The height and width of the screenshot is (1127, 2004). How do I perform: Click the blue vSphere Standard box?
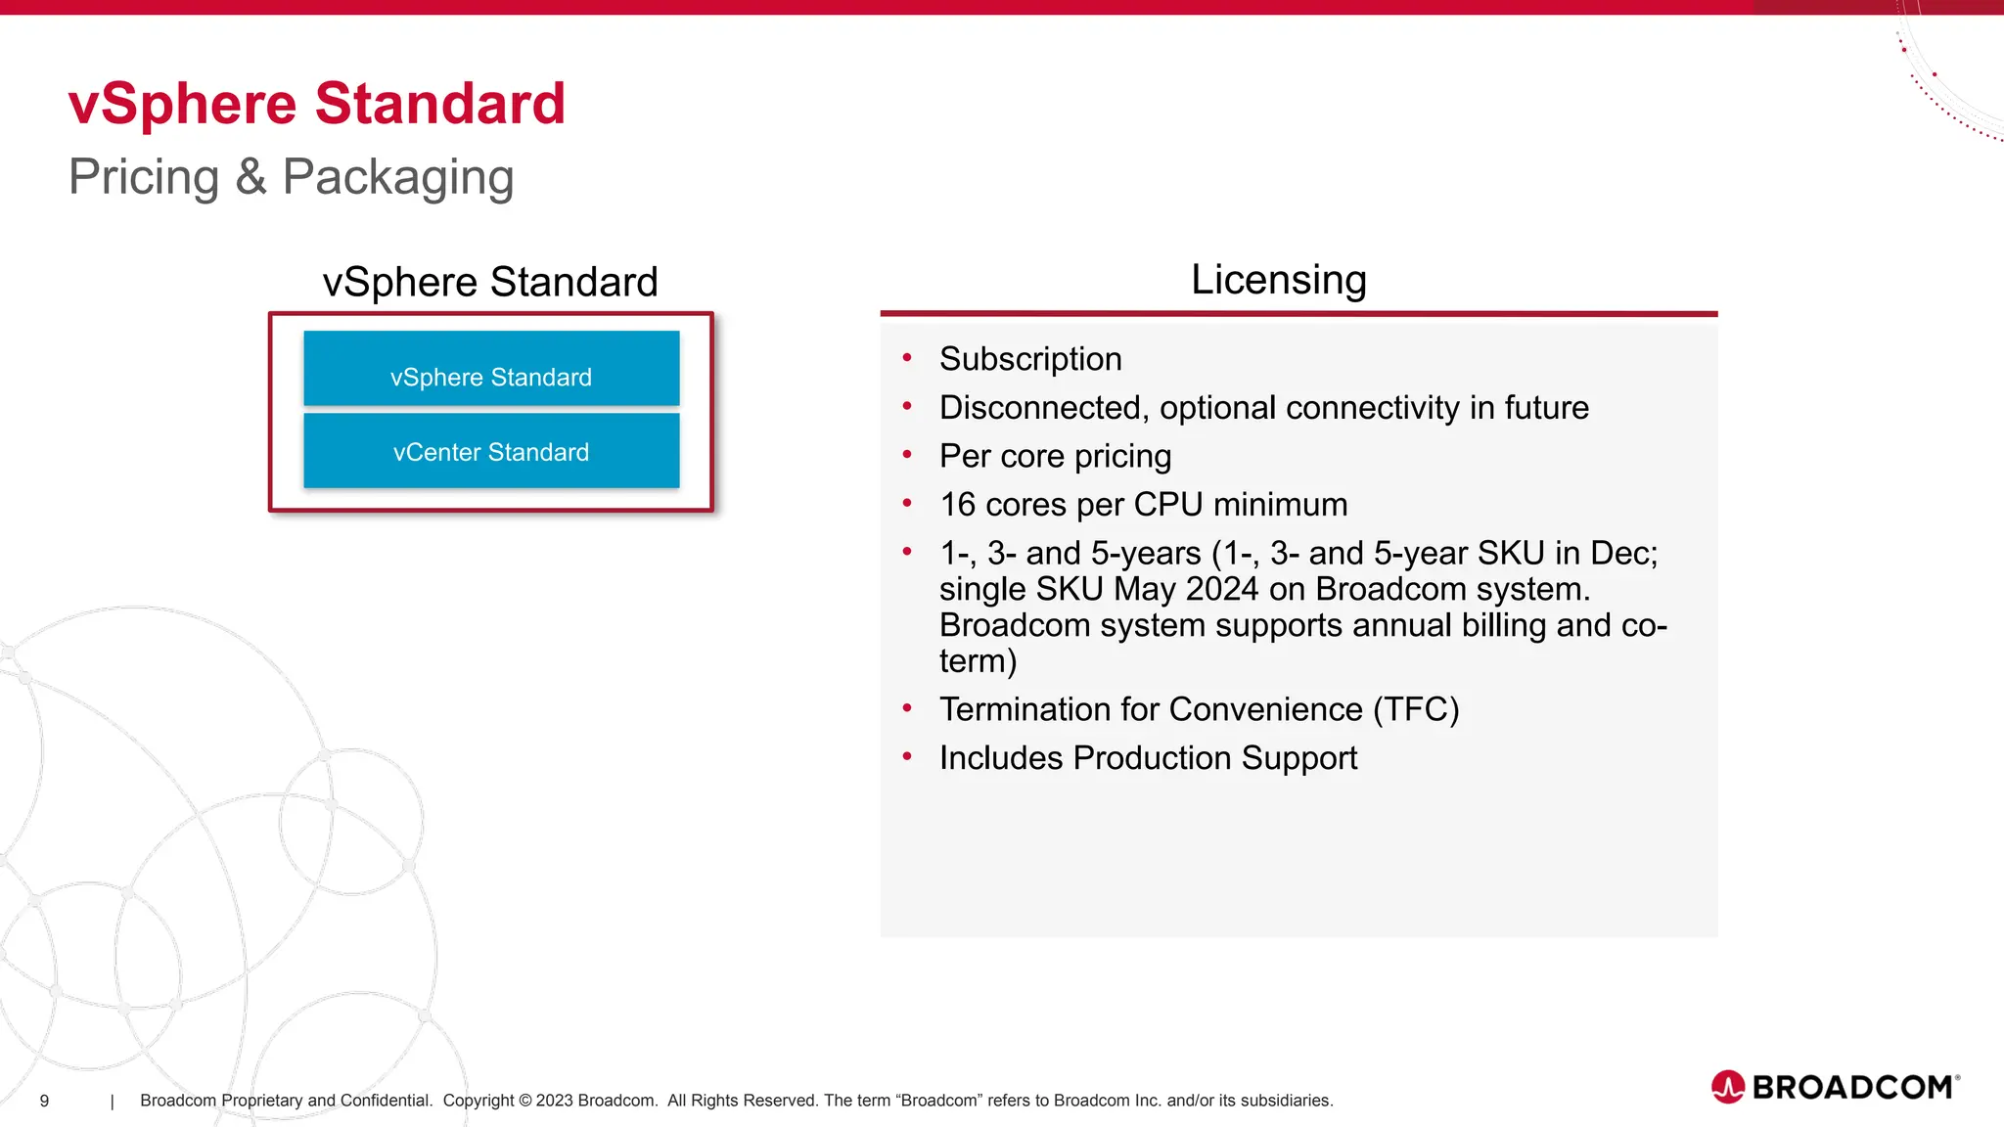491,369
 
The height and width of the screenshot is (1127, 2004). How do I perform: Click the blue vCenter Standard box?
491,451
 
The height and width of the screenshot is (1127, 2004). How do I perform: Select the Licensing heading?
1278,280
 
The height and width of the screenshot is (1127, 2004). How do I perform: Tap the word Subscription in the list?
1030,359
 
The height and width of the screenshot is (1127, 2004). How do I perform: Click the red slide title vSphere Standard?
317,104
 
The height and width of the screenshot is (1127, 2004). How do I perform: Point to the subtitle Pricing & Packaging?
291,177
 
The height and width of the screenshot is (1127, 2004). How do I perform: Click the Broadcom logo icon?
1727,1087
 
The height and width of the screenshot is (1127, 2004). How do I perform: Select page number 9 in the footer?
44,1101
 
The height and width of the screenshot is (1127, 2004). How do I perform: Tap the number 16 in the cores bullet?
958,505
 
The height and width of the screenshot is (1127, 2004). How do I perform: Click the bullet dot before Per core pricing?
907,455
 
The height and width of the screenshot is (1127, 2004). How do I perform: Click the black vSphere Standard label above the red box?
490,283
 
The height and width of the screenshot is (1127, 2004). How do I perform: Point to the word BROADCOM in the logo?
1852,1088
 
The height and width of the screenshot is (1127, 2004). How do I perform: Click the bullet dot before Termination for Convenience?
907,708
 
